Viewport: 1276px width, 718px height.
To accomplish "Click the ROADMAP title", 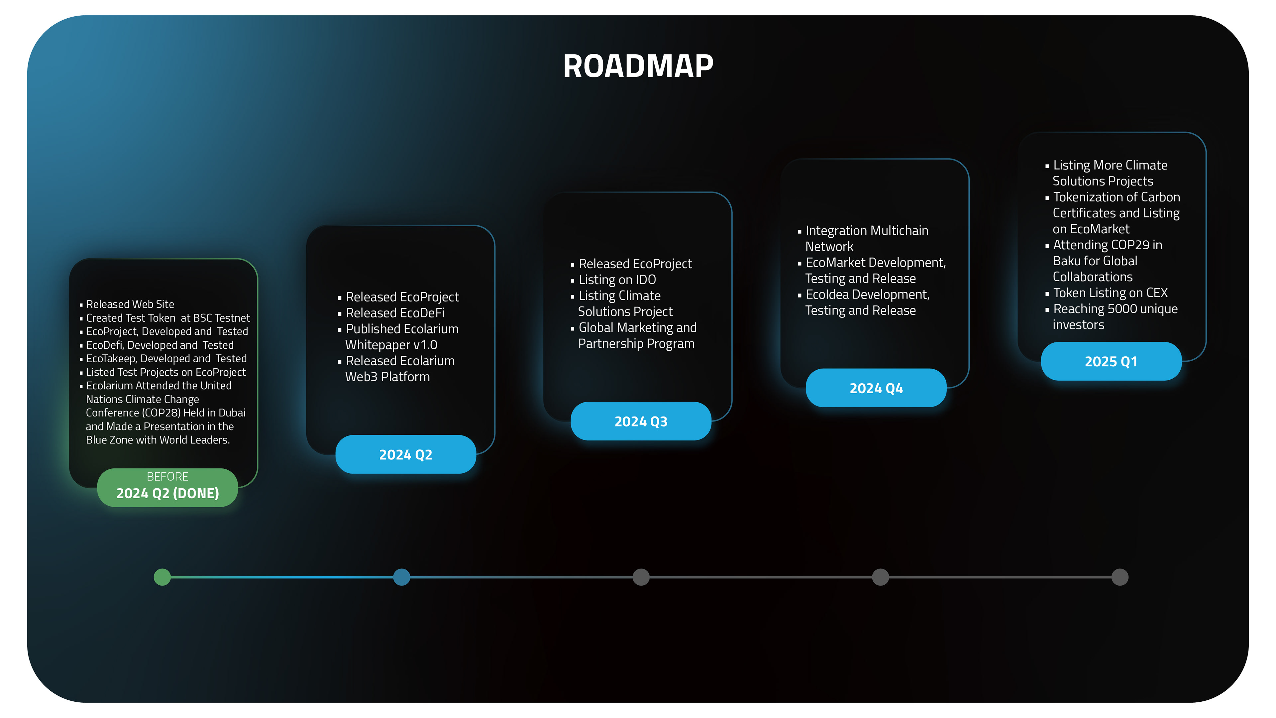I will coord(638,66).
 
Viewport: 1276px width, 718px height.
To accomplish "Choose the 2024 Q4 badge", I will coord(876,388).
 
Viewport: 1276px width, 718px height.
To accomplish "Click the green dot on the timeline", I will coord(162,577).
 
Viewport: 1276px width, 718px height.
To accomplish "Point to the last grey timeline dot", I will coord(1119,577).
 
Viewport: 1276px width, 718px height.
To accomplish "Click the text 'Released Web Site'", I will coord(130,304).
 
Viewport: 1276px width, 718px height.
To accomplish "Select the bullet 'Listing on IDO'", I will coord(617,280).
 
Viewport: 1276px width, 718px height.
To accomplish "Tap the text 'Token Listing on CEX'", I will coord(1110,293).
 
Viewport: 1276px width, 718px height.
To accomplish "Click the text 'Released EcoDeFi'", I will coord(395,313).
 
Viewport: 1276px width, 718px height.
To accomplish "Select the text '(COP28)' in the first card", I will coord(161,413).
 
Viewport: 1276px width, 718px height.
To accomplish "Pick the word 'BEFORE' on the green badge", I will coord(167,476).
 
